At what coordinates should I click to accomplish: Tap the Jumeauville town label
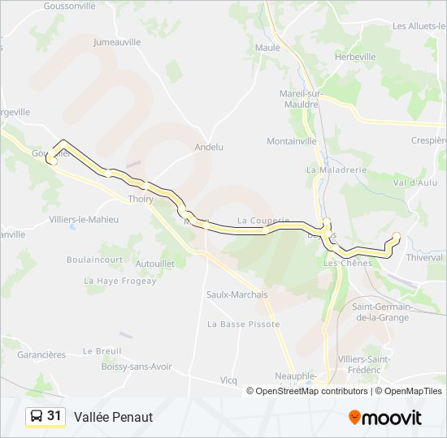point(118,41)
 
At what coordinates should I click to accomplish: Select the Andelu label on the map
point(209,147)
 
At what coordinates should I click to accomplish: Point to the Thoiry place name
point(141,199)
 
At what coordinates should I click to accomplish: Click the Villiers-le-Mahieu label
point(84,220)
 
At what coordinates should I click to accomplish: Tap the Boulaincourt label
point(95,260)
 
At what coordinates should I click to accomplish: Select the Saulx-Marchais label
point(237,294)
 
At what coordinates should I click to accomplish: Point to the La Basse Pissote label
point(243,324)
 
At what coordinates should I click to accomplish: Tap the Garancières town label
point(41,354)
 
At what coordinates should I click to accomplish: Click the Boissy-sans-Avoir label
point(137,366)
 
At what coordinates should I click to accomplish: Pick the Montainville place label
point(292,140)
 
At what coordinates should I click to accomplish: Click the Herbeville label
point(355,57)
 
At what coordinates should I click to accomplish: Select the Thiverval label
point(424,257)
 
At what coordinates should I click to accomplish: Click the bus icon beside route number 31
point(37,417)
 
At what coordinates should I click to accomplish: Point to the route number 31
point(54,416)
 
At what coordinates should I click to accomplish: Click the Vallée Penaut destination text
point(113,417)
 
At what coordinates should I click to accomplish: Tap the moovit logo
point(385,418)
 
